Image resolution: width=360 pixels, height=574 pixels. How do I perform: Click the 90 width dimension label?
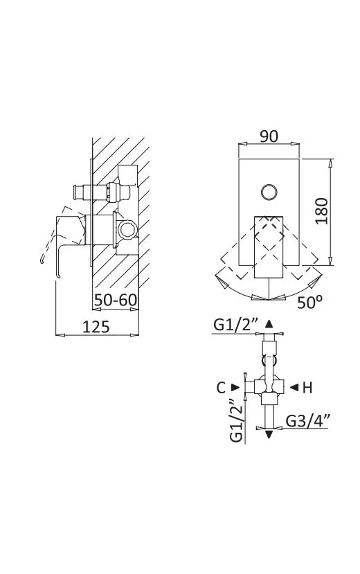tap(269, 136)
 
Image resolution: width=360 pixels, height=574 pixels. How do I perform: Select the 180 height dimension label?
tap(322, 211)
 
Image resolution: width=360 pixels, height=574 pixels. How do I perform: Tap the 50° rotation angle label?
tap(309, 302)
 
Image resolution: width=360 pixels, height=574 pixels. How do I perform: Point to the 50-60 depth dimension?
tap(115, 301)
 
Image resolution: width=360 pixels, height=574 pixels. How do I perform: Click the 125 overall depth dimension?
tap(96, 327)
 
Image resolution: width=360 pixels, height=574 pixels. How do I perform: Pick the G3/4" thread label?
tap(307, 421)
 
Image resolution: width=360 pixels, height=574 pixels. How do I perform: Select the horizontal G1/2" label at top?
tap(236, 325)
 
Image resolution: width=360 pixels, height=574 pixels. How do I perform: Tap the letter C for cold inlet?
tap(221, 387)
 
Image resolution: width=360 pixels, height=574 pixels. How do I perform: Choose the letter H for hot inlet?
tap(307, 387)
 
